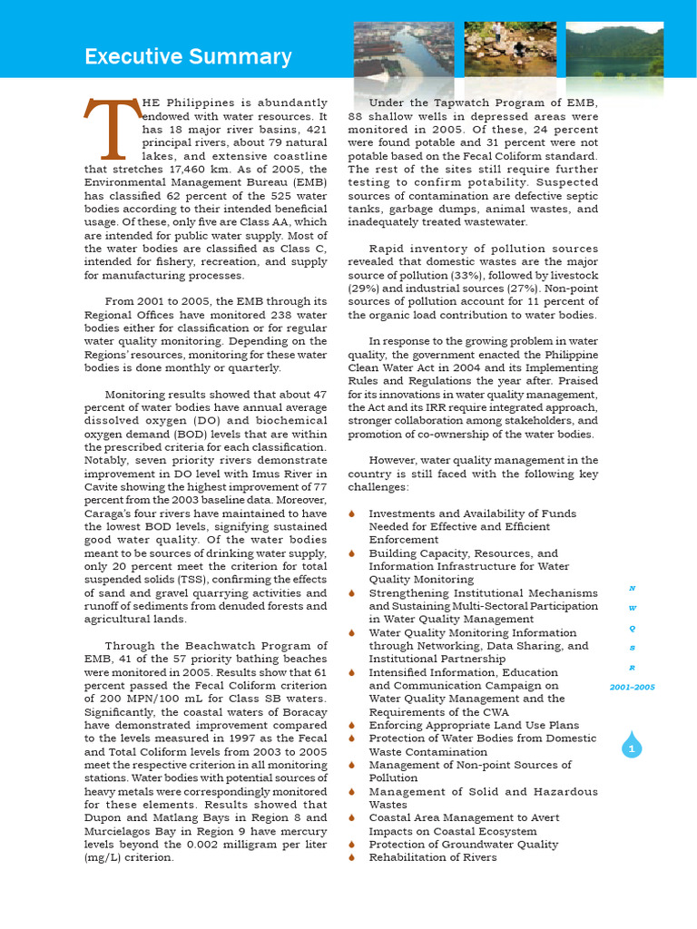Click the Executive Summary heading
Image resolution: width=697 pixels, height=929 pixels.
tap(188, 57)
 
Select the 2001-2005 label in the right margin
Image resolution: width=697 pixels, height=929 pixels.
tap(632, 687)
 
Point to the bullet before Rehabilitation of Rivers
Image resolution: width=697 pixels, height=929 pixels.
tap(352, 857)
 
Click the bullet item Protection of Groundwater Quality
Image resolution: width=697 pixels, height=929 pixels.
tap(463, 844)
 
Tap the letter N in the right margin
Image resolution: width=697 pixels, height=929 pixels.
tap(632, 588)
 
